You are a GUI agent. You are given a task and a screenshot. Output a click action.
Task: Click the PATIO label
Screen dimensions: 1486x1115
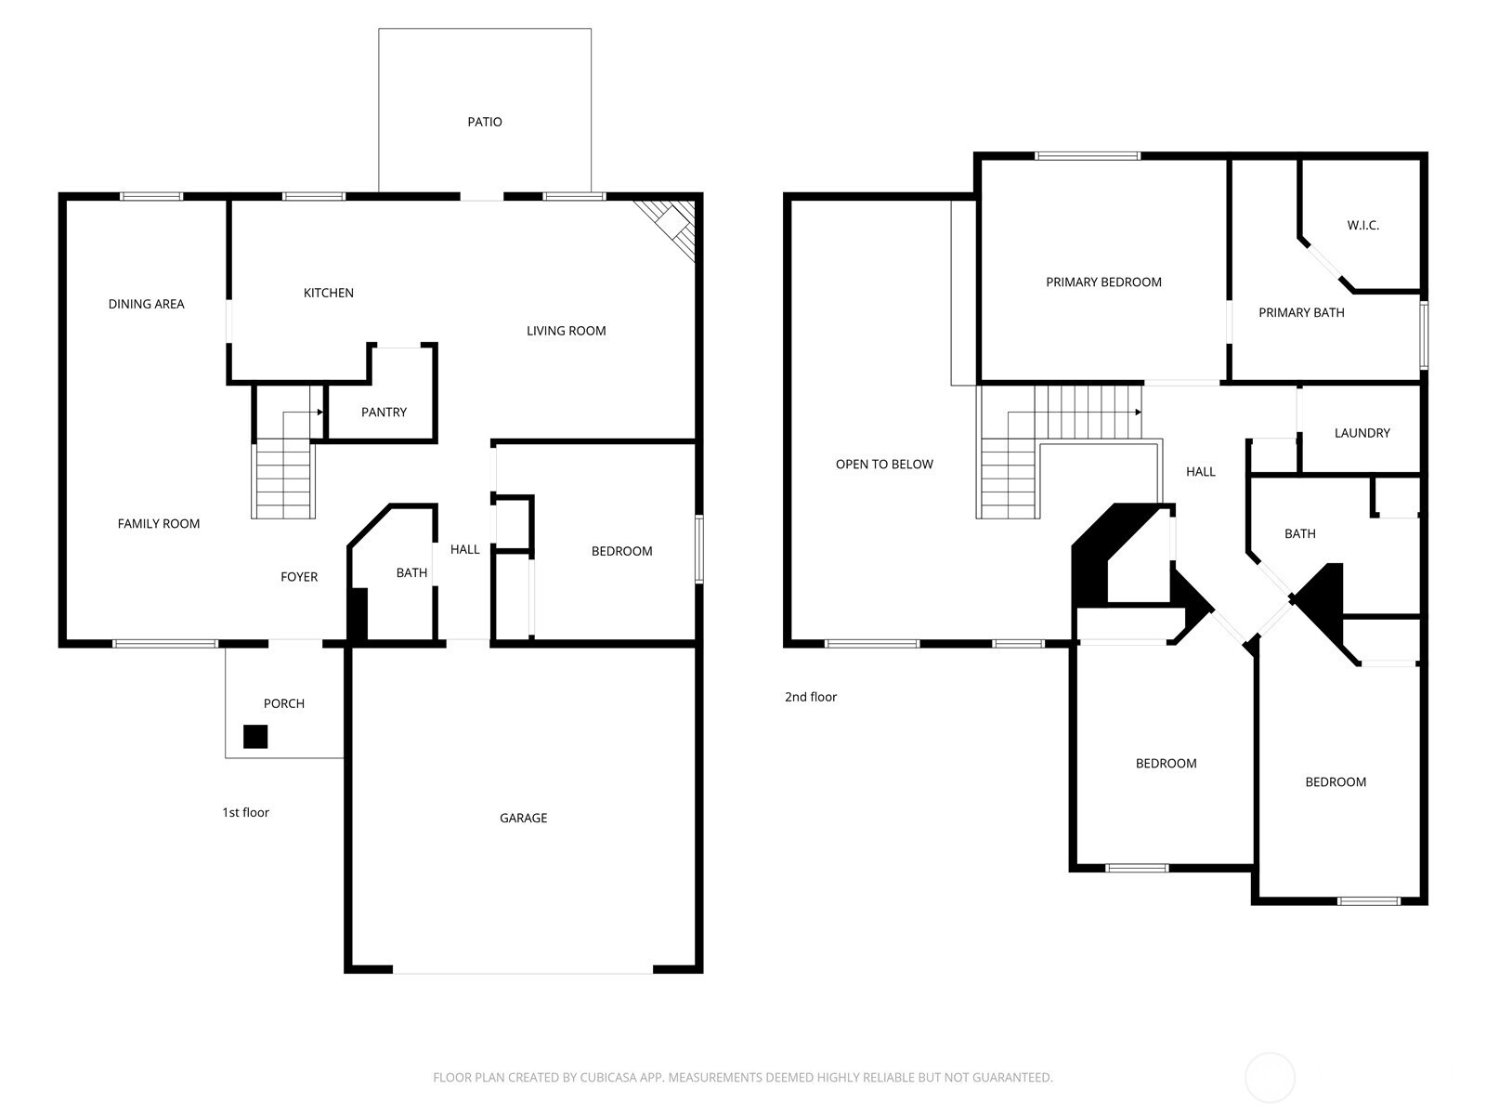click(x=485, y=122)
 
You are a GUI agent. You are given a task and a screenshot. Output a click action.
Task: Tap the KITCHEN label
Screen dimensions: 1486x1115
click(x=329, y=293)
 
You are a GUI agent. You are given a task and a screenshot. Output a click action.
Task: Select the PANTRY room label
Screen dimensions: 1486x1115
click(x=384, y=412)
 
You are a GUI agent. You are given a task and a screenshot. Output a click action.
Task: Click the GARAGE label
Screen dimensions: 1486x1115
click(x=523, y=818)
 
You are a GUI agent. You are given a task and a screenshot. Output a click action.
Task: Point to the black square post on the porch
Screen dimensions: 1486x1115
click(x=255, y=737)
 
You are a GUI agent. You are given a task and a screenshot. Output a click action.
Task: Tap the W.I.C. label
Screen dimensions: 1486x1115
click(x=1362, y=226)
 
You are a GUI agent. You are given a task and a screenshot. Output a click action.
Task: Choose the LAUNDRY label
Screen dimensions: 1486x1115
click(x=1362, y=433)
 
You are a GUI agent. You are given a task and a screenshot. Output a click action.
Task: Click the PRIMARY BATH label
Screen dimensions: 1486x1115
click(x=1301, y=313)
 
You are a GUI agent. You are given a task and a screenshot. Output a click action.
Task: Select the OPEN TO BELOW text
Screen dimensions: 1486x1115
click(x=884, y=464)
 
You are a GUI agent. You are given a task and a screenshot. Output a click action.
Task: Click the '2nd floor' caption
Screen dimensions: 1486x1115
click(x=811, y=697)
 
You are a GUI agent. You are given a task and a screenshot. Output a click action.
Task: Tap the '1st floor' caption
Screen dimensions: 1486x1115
click(x=246, y=812)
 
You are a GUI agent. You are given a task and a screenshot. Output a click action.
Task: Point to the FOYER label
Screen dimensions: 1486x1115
click(x=299, y=577)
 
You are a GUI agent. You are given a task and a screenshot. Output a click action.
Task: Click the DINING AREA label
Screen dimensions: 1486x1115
click(x=146, y=304)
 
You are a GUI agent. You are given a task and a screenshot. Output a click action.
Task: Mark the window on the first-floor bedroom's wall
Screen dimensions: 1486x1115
click(x=699, y=549)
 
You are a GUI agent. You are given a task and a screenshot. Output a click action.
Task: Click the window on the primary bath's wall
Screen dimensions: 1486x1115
click(x=1424, y=335)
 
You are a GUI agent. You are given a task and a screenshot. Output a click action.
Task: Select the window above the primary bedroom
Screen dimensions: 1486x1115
click(x=1088, y=156)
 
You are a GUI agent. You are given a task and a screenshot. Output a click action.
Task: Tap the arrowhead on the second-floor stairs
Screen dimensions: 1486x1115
click(x=1138, y=412)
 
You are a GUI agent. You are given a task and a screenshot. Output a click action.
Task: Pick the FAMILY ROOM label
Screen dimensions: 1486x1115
click(x=159, y=523)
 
